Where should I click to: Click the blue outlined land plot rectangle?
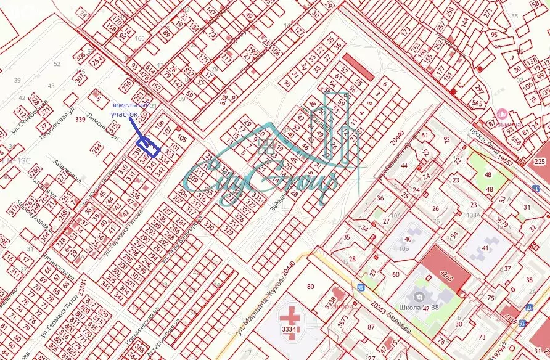(149, 146)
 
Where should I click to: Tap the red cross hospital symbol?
(287, 320)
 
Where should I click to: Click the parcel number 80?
(310, 286)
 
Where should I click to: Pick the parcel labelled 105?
(181, 138)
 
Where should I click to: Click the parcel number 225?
(540, 162)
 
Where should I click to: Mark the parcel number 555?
(210, 192)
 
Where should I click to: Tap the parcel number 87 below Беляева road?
(371, 327)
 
